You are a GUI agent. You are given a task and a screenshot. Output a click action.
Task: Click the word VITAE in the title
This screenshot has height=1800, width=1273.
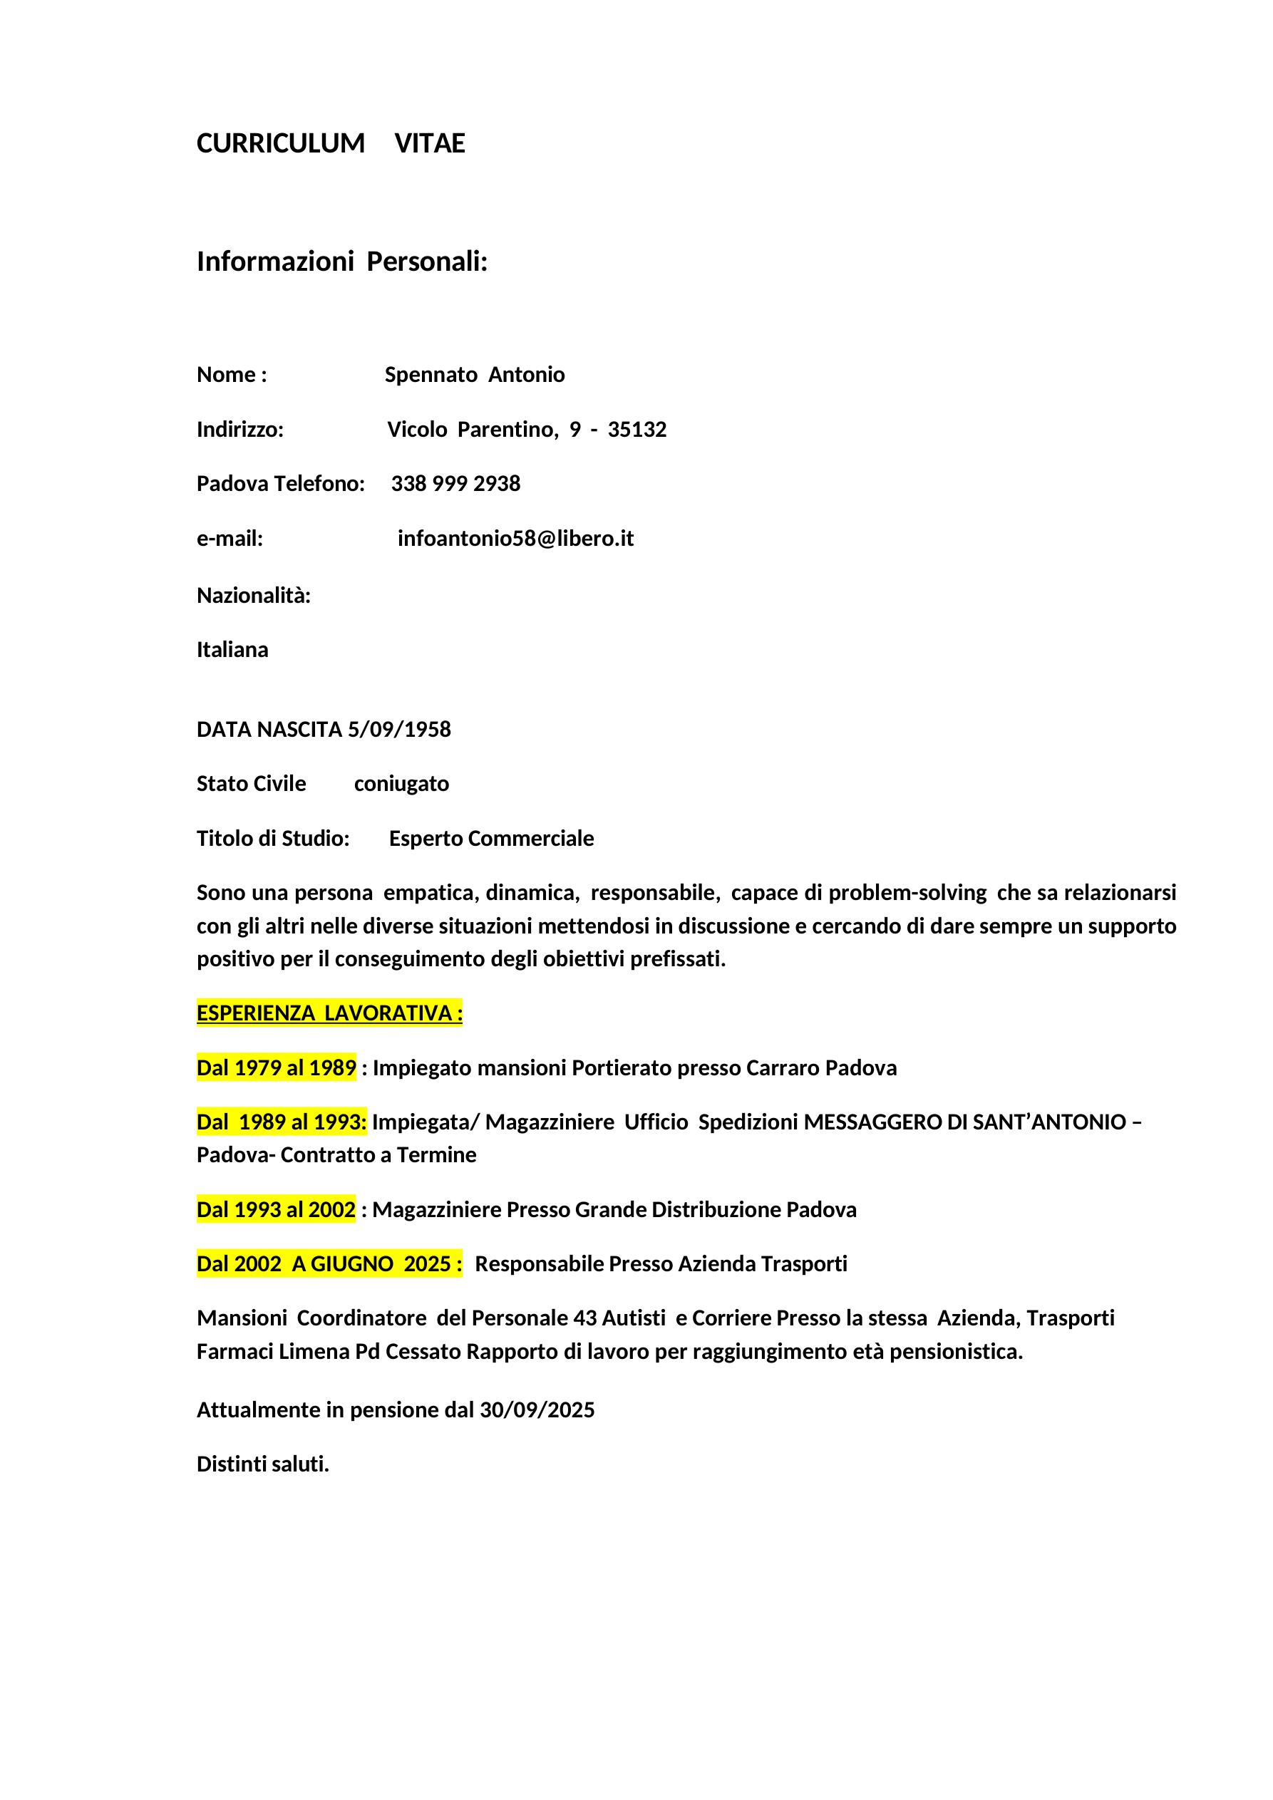click(x=430, y=143)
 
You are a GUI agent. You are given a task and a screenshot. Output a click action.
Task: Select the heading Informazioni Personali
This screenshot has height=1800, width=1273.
click(x=342, y=262)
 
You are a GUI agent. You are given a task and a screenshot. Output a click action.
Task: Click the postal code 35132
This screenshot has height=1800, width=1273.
click(x=637, y=430)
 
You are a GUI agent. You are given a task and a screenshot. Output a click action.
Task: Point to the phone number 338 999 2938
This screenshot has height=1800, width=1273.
click(x=455, y=484)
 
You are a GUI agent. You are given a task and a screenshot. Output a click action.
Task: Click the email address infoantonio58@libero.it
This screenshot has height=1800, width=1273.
click(x=515, y=539)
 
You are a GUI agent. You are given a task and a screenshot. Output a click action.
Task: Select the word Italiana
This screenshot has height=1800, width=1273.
click(x=232, y=650)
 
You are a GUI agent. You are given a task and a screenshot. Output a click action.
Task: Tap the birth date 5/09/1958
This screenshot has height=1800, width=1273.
click(x=399, y=730)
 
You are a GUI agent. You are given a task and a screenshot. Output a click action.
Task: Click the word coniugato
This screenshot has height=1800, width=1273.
click(x=401, y=784)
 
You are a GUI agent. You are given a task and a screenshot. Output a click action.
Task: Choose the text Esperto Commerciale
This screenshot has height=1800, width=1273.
click(x=491, y=839)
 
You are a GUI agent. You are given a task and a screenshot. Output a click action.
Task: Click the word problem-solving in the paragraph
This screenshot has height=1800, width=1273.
click(x=907, y=893)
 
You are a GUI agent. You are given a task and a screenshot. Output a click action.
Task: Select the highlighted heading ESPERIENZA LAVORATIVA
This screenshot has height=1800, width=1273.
click(x=329, y=1014)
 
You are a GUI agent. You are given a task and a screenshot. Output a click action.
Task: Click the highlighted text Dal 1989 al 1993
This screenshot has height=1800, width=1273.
click(x=282, y=1122)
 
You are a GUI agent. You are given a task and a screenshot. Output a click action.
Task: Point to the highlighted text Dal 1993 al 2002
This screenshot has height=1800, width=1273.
click(x=276, y=1210)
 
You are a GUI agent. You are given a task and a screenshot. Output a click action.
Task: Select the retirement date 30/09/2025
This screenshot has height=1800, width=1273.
click(x=537, y=1410)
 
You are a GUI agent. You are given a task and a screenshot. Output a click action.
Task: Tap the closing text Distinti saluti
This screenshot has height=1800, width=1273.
click(x=263, y=1464)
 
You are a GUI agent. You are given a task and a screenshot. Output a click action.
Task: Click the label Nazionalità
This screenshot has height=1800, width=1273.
click(x=253, y=596)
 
